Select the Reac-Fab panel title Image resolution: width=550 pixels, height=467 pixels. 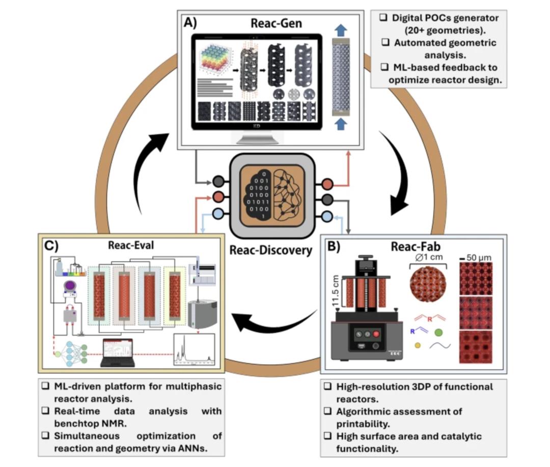(413, 247)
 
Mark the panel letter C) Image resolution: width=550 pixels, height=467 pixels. (50, 245)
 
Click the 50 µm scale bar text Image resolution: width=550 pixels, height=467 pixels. (479, 257)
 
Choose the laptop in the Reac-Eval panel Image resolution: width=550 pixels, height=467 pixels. (118, 352)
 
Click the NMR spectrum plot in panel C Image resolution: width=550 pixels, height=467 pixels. (194, 351)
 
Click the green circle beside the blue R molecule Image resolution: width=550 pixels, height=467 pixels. (438, 332)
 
